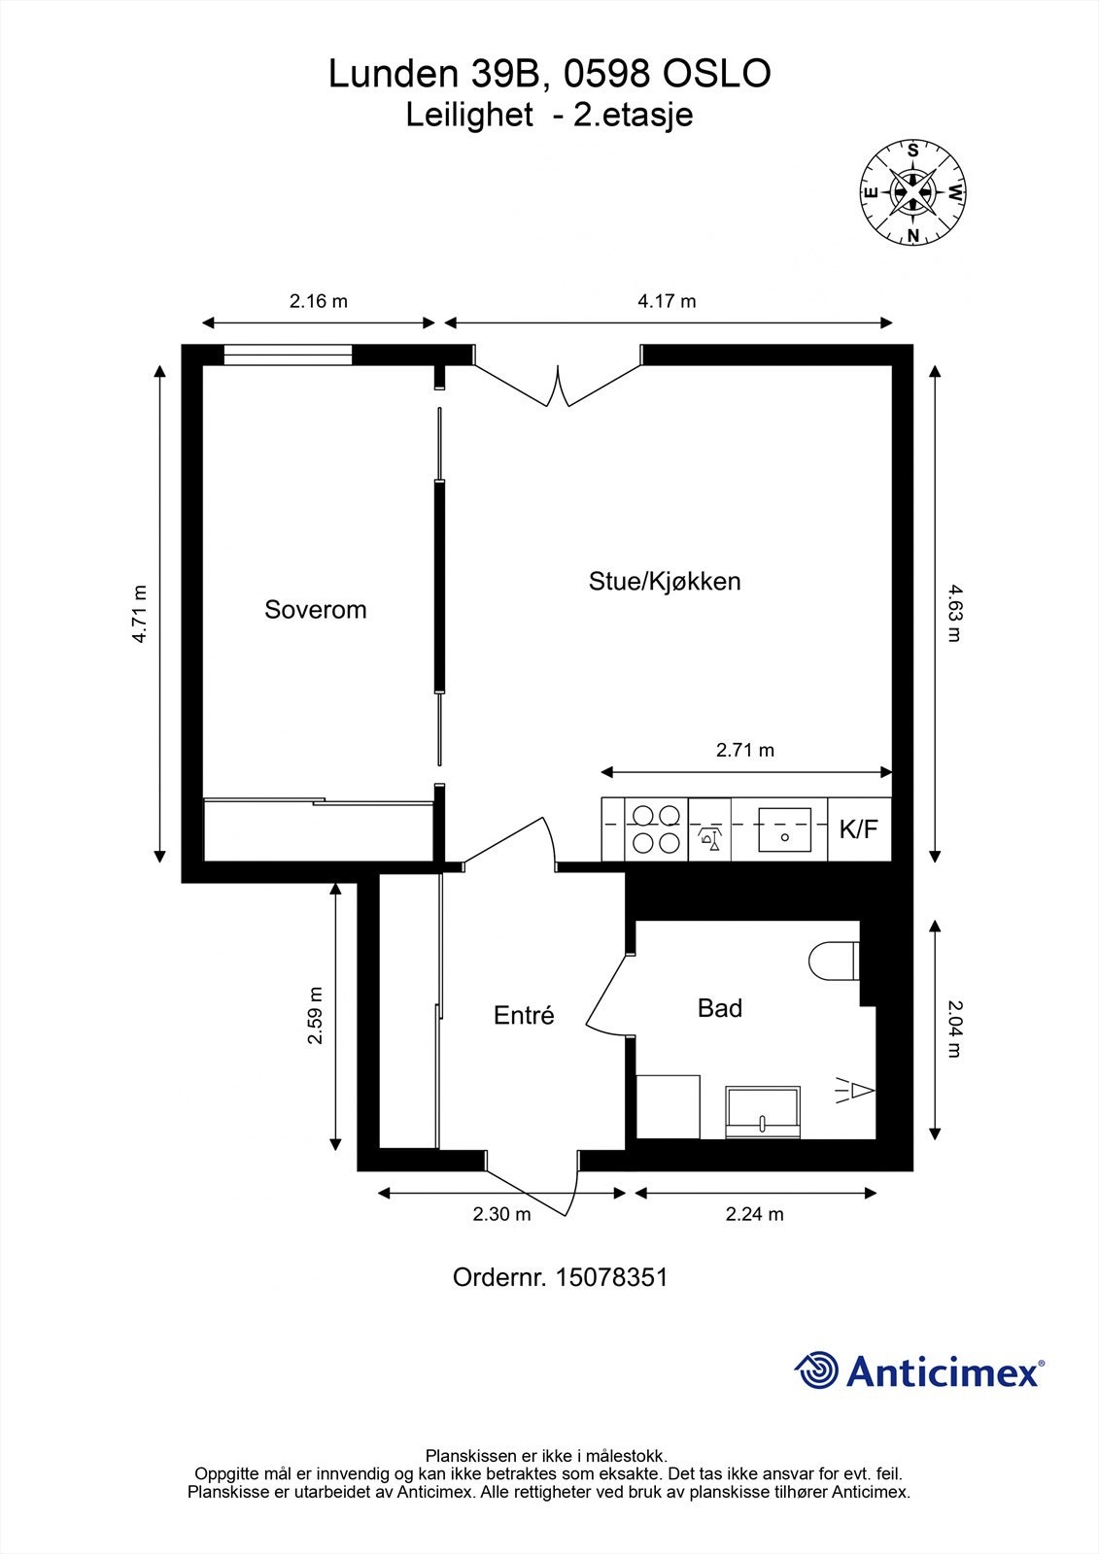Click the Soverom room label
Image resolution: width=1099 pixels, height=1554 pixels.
(x=315, y=610)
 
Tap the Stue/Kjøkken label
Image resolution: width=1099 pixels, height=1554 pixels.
(x=665, y=582)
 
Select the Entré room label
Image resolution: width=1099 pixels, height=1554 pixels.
(x=524, y=1015)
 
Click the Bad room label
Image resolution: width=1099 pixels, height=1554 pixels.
(x=720, y=1008)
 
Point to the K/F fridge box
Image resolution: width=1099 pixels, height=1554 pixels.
(x=858, y=828)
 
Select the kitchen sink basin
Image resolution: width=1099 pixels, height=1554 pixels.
(x=784, y=828)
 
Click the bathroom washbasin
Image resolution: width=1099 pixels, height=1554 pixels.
(x=763, y=1113)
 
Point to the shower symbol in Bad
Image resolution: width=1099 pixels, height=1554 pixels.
(x=856, y=1093)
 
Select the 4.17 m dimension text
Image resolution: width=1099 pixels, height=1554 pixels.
(x=667, y=301)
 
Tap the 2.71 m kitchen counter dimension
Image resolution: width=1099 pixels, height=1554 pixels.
(x=745, y=750)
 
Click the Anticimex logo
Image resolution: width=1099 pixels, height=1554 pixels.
(x=919, y=1371)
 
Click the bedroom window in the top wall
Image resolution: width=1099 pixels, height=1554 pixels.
(x=288, y=355)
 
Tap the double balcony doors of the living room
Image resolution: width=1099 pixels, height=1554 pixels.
(x=558, y=384)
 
